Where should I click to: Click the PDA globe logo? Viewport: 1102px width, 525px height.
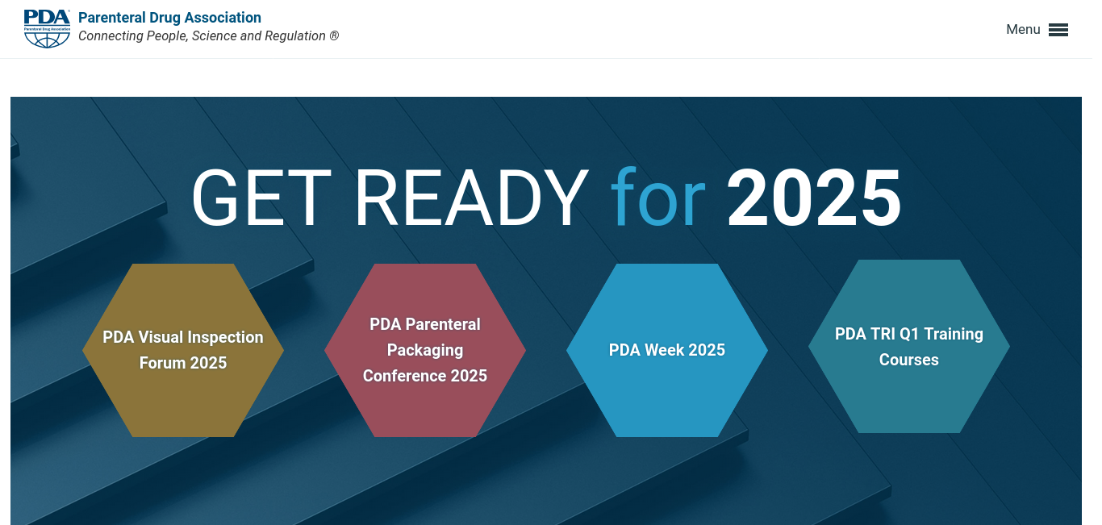[x=47, y=28]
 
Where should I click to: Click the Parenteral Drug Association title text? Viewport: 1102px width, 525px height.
[x=169, y=18]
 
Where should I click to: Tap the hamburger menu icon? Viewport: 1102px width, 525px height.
[x=1058, y=30]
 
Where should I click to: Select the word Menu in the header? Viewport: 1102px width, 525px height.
[x=1023, y=30]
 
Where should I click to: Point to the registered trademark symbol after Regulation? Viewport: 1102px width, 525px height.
[x=334, y=35]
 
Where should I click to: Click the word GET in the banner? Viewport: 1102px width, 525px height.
[x=261, y=198]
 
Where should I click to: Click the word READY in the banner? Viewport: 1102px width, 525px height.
[x=471, y=198]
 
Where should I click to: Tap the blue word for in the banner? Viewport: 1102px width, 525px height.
[x=658, y=198]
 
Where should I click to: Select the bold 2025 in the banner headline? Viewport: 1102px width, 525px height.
[x=814, y=198]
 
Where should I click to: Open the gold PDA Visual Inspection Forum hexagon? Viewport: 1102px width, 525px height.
[x=183, y=350]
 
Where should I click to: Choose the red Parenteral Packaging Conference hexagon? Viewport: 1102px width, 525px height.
[x=425, y=350]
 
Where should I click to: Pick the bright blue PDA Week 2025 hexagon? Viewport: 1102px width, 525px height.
[x=667, y=350]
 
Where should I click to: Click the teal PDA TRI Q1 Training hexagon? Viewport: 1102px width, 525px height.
[x=909, y=346]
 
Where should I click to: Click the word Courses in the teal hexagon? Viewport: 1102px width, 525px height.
[x=909, y=360]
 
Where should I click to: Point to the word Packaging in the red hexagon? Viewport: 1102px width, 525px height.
[x=425, y=351]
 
